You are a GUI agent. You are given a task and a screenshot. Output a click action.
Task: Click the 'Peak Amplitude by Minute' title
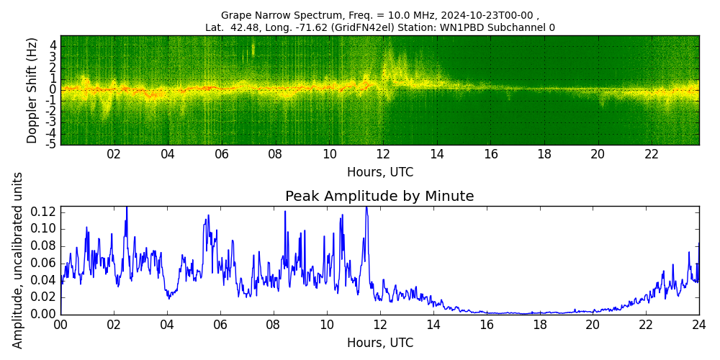click(379, 197)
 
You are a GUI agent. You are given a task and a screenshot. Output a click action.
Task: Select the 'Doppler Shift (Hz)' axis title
click(32, 90)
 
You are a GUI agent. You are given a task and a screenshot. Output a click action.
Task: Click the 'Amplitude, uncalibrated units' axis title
click(18, 260)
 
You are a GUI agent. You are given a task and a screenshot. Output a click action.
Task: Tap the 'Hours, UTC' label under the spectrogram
click(379, 173)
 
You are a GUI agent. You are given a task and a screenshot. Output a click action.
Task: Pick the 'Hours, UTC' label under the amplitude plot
click(379, 343)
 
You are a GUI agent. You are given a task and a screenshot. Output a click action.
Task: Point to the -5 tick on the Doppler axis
click(51, 144)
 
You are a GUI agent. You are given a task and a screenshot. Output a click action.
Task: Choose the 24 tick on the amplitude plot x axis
click(698, 325)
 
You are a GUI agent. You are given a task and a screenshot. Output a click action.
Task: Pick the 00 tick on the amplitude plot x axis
click(60, 325)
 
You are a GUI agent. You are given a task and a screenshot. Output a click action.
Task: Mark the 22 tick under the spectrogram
click(652, 154)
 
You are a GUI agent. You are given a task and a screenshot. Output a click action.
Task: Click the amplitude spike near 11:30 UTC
click(366, 209)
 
